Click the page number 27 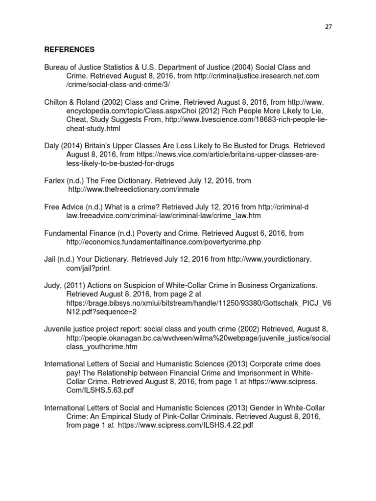[x=328, y=27]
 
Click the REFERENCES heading [x=69, y=50]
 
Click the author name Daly [x=52, y=146]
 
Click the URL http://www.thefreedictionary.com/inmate [x=134, y=189]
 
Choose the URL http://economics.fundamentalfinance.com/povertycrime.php [x=164, y=242]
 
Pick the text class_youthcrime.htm [x=102, y=347]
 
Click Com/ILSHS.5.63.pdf [x=101, y=390]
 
